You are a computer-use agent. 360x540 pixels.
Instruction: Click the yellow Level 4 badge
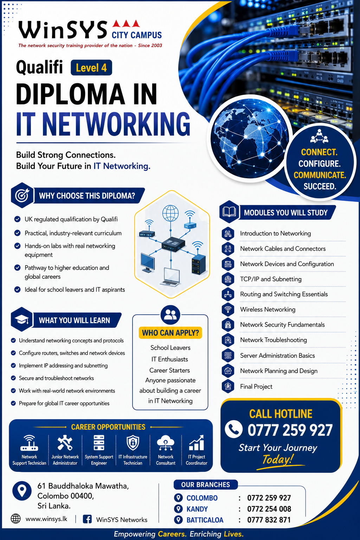pyautogui.click(x=91, y=68)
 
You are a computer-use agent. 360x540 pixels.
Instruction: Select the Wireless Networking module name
pyautogui.click(x=268, y=309)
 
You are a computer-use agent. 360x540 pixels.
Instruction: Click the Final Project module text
pyautogui.click(x=256, y=387)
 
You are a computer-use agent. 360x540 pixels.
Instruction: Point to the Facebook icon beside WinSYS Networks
pyautogui.click(x=87, y=519)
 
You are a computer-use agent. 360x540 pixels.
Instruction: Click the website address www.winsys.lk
pyautogui.click(x=46, y=519)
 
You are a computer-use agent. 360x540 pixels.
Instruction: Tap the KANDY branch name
pyautogui.click(x=197, y=509)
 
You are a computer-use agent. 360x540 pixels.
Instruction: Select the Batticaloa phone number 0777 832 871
pyautogui.click(x=269, y=520)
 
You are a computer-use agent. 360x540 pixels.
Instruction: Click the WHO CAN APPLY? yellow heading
pyautogui.click(x=170, y=333)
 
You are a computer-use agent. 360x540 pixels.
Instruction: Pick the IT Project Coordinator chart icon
pyautogui.click(x=197, y=443)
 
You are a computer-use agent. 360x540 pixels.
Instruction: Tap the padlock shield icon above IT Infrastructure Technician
pyautogui.click(x=133, y=443)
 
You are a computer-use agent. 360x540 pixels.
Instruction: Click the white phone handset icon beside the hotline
pyautogui.click(x=234, y=429)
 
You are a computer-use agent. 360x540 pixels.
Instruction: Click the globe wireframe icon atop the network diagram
pyautogui.click(x=171, y=213)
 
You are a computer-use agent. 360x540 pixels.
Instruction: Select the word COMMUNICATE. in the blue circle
pyautogui.click(x=320, y=175)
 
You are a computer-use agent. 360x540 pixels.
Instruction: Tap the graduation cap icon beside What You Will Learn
pyautogui.click(x=22, y=320)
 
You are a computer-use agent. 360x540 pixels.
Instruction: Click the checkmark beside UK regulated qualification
pyautogui.click(x=17, y=219)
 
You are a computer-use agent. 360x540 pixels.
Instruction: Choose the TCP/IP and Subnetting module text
pyautogui.click(x=271, y=279)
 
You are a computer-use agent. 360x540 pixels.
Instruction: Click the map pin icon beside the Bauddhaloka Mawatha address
pyautogui.click(x=22, y=491)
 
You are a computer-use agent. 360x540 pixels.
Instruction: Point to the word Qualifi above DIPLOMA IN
pyautogui.click(x=39, y=67)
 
